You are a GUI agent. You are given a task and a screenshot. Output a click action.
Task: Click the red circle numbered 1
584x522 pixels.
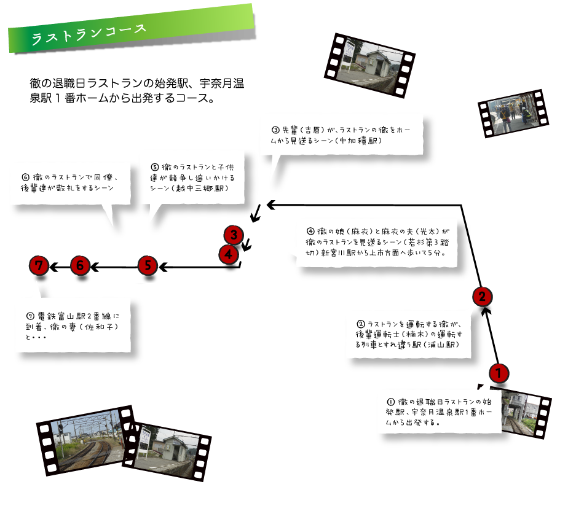(499, 373)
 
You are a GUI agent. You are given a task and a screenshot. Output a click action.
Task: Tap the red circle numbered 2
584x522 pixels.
(483, 297)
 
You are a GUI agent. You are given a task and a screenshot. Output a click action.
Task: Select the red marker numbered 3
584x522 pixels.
(234, 235)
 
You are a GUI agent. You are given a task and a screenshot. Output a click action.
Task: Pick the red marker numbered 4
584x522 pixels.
(228, 254)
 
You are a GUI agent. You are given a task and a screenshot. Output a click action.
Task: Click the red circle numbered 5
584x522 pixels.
(148, 266)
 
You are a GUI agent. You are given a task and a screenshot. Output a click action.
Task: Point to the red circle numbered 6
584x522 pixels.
(80, 265)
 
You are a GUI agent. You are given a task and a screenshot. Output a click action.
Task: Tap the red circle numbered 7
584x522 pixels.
(39, 265)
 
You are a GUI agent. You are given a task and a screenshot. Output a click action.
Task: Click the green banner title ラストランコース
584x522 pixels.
(89, 34)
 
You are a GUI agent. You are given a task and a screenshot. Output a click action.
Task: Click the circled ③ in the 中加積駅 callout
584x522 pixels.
(275, 130)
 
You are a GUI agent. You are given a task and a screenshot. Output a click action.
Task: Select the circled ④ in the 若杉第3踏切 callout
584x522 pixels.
(310, 231)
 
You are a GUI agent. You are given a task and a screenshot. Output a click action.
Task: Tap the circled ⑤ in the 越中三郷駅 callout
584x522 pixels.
(155, 167)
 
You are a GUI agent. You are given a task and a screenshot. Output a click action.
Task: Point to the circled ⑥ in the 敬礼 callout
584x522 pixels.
(26, 177)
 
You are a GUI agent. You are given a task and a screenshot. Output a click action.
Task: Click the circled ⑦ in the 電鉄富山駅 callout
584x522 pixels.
(30, 316)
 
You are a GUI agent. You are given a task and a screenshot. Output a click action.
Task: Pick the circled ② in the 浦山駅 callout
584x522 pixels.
(360, 324)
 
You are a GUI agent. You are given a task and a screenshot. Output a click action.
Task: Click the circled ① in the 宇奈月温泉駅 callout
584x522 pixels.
(391, 402)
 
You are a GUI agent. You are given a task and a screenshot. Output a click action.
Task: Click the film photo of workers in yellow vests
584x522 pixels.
(513, 113)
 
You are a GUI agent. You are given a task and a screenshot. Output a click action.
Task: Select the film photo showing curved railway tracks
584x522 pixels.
(87, 440)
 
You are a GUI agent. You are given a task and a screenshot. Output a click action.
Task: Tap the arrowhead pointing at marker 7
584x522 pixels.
(53, 267)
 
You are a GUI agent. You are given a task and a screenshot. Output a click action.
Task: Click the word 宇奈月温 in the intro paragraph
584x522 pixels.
(221, 83)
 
